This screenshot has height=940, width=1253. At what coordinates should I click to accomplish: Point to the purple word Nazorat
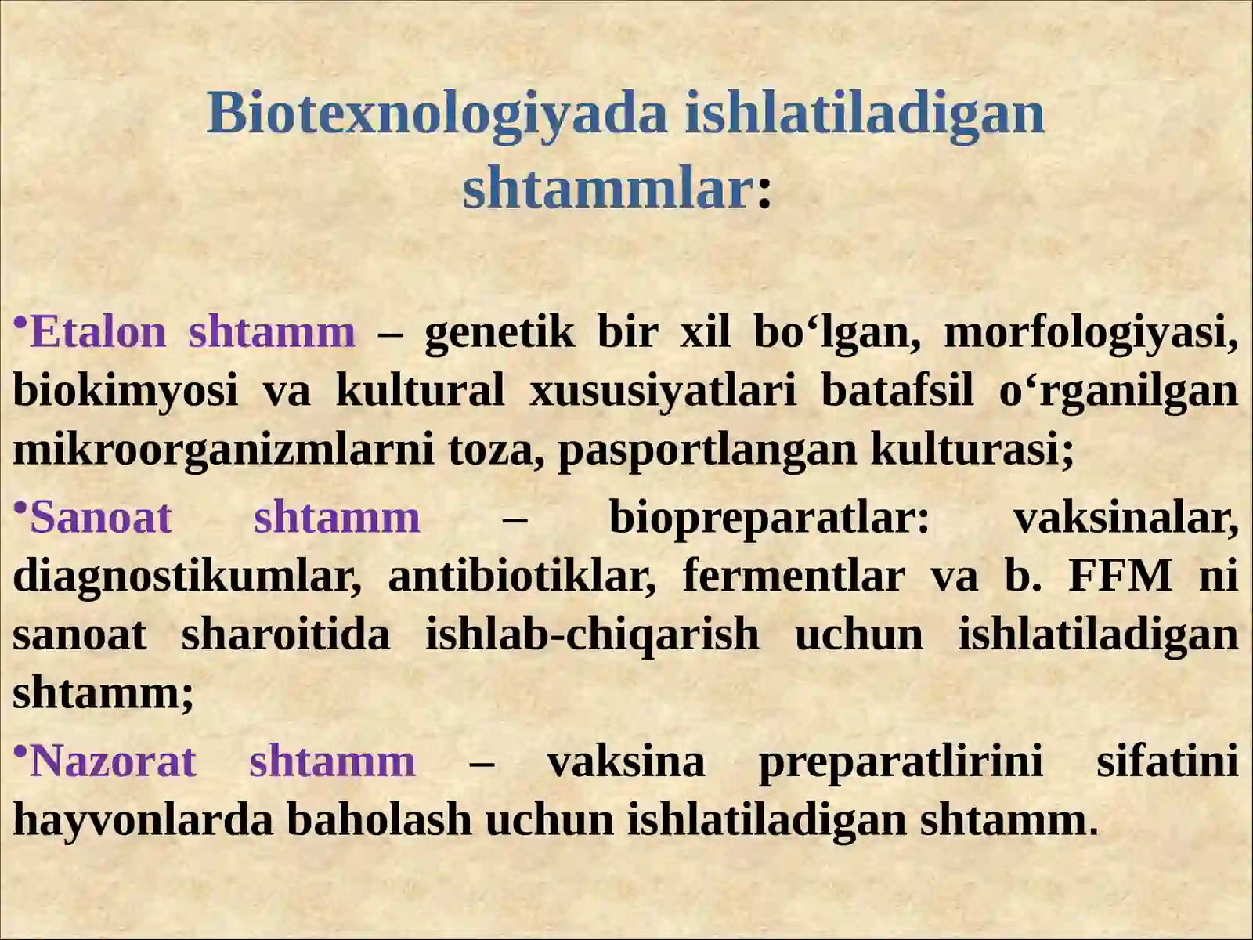(x=113, y=761)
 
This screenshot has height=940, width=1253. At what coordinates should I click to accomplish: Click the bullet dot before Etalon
(x=20, y=322)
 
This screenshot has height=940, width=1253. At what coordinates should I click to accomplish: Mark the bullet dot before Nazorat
(x=20, y=751)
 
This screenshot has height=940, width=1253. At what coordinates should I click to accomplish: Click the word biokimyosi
(x=125, y=390)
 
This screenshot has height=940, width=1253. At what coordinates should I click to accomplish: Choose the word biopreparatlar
(x=769, y=518)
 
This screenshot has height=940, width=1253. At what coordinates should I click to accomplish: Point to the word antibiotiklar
(x=522, y=576)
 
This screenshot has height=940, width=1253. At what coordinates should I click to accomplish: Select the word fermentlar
(x=793, y=576)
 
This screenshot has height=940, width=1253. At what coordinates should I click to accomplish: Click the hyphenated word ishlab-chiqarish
(x=592, y=634)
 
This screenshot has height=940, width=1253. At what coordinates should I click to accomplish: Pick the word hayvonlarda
(x=143, y=820)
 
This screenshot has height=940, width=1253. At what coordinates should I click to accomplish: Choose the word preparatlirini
(x=901, y=761)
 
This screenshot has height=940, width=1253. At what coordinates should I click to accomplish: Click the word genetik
(x=499, y=332)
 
